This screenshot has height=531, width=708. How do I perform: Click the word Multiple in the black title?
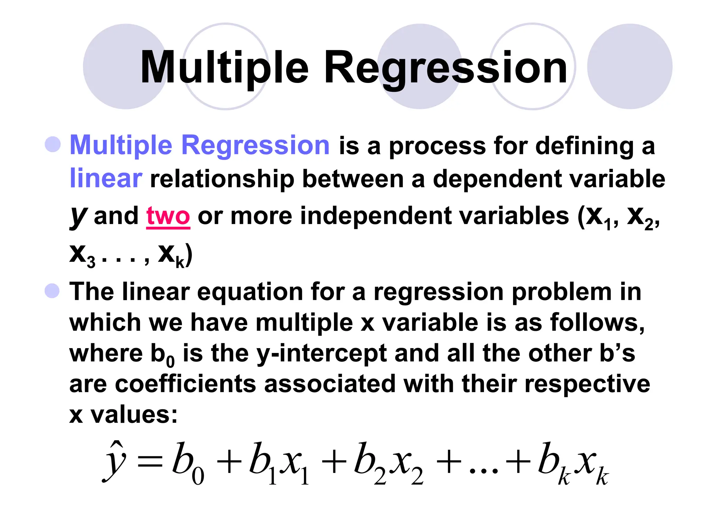224,67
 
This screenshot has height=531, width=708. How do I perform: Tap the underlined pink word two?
168,216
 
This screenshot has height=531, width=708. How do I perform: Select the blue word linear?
106,179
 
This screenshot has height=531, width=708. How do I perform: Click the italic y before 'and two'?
78,216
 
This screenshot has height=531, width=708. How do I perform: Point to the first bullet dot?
53,145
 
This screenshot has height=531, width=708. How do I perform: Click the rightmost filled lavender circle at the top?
630,66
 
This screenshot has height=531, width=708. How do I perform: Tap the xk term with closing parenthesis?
175,255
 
